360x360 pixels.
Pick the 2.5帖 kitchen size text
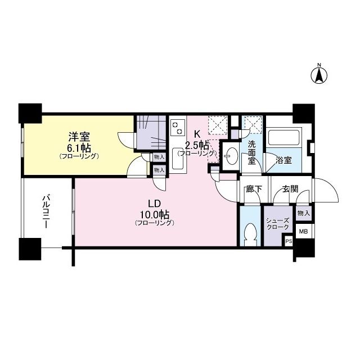(197, 144)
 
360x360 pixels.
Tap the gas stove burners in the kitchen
(178, 127)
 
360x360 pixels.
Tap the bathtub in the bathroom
(285, 137)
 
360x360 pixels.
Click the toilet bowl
(250, 234)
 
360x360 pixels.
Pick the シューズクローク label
(277, 223)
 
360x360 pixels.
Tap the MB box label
(303, 231)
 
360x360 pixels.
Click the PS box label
(289, 241)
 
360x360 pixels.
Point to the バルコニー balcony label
(47, 211)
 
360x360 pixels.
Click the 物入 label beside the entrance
(303, 213)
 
